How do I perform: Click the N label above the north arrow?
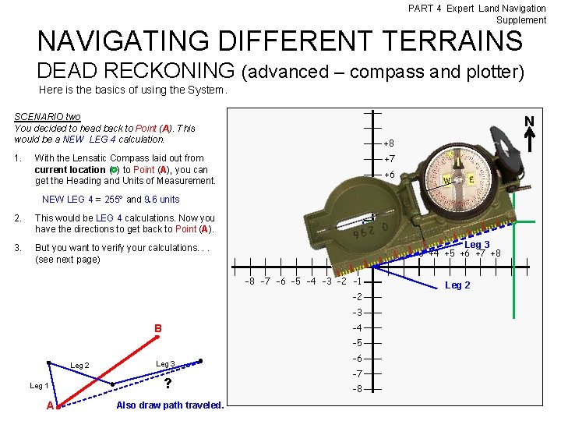coord(529,122)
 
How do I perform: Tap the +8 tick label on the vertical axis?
coord(389,143)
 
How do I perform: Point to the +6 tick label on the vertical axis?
coord(389,175)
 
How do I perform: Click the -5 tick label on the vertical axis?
coord(358,343)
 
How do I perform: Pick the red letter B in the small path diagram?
coord(157,328)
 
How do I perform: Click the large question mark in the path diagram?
coord(168,384)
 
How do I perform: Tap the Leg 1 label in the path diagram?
coord(39,386)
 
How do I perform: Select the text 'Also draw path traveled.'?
coord(170,405)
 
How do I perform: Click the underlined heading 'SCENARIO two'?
coord(48,117)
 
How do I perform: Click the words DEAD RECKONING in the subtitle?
coord(136,71)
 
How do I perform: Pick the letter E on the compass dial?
coord(473,179)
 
